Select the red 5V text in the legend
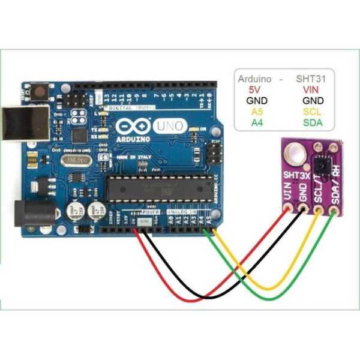coord(256,89)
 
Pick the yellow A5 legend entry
coord(256,112)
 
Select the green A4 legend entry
coord(256,124)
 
